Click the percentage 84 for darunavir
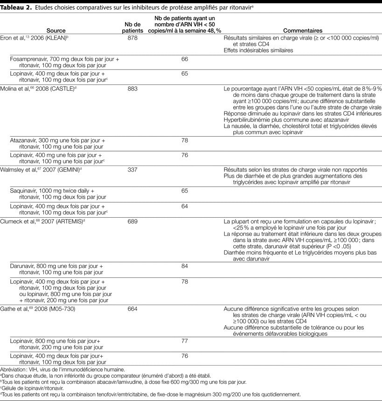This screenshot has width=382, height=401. [184, 266]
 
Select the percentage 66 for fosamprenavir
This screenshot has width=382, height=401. [184, 59]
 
